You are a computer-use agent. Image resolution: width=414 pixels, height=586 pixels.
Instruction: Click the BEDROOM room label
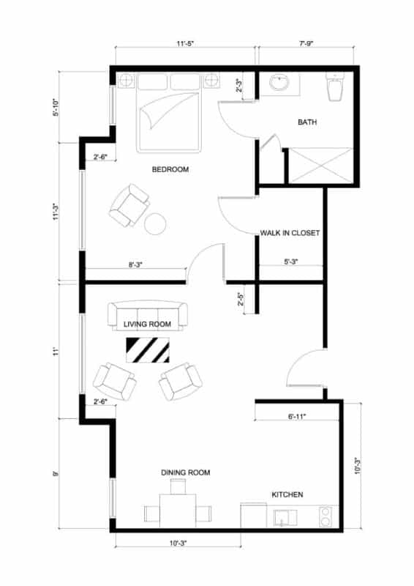click(x=170, y=170)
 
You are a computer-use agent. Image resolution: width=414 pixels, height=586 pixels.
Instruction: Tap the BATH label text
click(x=307, y=122)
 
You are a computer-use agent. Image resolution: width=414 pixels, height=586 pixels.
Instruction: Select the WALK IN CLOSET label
click(x=290, y=234)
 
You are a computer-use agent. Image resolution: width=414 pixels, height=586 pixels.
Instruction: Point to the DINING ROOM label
click(x=185, y=473)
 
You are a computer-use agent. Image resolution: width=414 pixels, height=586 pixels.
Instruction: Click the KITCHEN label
click(x=287, y=495)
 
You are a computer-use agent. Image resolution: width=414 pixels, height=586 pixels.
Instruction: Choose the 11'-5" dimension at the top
click(x=184, y=44)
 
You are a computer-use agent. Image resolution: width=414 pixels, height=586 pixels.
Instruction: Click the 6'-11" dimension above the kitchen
click(x=296, y=416)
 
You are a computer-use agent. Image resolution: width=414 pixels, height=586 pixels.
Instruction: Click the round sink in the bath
click(x=279, y=82)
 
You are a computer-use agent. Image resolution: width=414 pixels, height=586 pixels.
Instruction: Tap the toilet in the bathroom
click(x=335, y=88)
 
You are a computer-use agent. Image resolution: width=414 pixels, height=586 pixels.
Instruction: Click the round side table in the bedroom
click(x=156, y=223)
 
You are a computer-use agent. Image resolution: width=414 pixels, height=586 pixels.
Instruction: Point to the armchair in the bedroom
click(x=129, y=205)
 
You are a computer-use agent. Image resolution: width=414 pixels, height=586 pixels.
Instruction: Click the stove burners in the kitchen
click(x=325, y=516)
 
